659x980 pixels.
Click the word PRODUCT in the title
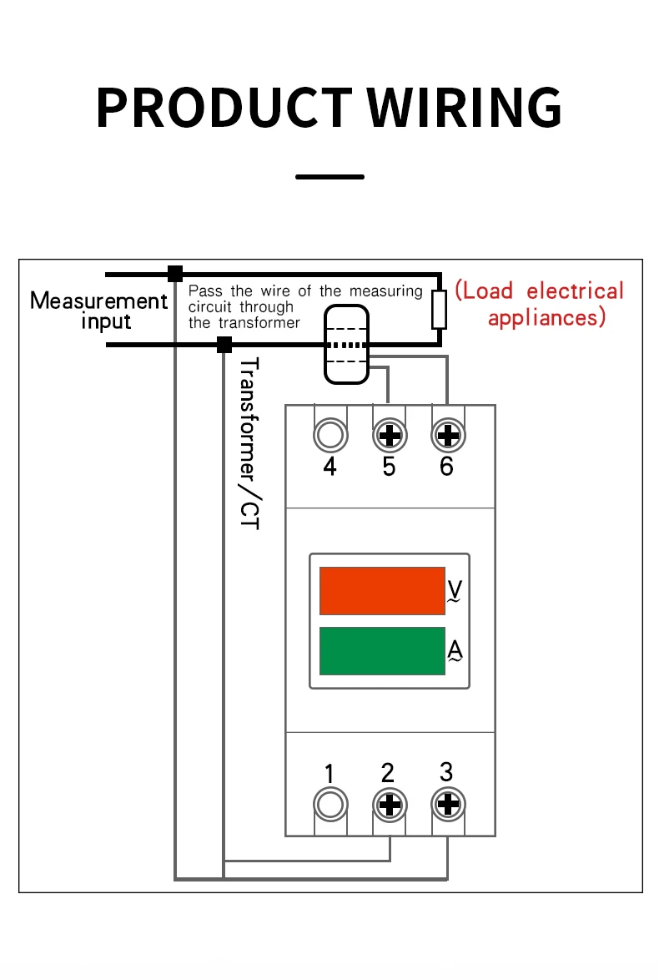pyautogui.click(x=224, y=108)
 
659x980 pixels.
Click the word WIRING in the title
pyautogui.click(x=464, y=108)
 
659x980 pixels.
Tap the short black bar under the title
pyautogui.click(x=329, y=177)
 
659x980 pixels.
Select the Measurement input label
pyautogui.click(x=98, y=311)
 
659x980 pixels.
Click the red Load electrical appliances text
pyautogui.click(x=539, y=304)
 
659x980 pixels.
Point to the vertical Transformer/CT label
pyautogui.click(x=249, y=443)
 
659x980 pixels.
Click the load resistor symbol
pyautogui.click(x=439, y=310)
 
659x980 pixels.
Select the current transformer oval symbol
pyautogui.click(x=347, y=344)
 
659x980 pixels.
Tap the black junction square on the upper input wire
pyautogui.click(x=175, y=274)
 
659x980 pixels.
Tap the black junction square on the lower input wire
pyautogui.click(x=224, y=345)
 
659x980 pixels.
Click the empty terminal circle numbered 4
pyautogui.click(x=330, y=435)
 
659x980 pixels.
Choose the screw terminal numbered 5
pyautogui.click(x=390, y=435)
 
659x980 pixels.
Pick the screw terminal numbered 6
pyautogui.click(x=449, y=435)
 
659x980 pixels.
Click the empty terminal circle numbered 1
pyautogui.click(x=329, y=805)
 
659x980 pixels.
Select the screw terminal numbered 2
pyautogui.click(x=390, y=805)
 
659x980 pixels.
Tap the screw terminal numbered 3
pyautogui.click(x=449, y=804)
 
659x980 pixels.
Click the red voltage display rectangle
pyautogui.click(x=382, y=591)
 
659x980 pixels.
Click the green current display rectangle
pyautogui.click(x=382, y=651)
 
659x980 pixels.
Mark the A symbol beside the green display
pyautogui.click(x=455, y=650)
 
